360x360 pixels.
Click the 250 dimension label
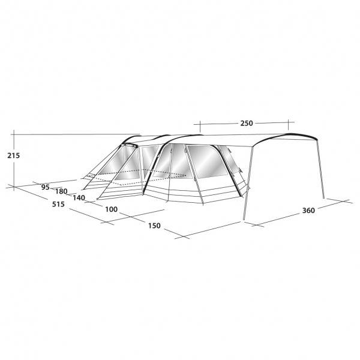[x=247, y=123]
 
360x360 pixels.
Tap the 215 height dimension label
[x=14, y=155]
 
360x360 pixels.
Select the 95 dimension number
[x=45, y=187]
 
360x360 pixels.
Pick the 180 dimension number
[x=61, y=191]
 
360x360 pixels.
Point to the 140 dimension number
[x=79, y=197]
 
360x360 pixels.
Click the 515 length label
[x=58, y=204]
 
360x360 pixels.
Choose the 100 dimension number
[x=111, y=209]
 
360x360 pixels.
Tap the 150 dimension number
[x=154, y=226]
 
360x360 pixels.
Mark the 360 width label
[x=308, y=211]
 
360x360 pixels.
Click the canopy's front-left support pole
[x=248, y=183]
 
